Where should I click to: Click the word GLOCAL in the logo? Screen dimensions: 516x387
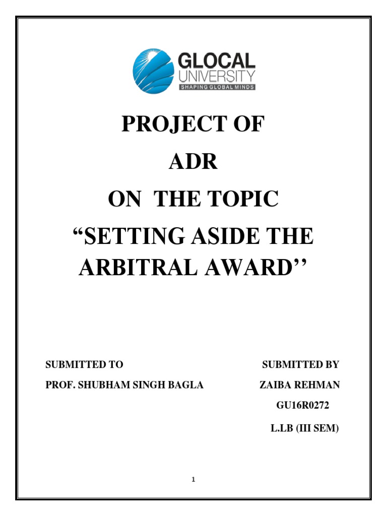[x=217, y=61]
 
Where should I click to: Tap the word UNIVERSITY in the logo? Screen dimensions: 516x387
[x=217, y=77]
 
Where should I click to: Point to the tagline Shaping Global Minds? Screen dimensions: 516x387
[x=217, y=87]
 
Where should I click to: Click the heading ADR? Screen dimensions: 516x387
[x=193, y=162]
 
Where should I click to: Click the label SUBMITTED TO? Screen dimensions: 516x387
[x=85, y=364]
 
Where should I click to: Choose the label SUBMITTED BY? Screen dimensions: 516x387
[x=301, y=364]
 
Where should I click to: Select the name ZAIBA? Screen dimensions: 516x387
[x=275, y=385]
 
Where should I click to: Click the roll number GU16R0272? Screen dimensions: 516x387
[x=301, y=407]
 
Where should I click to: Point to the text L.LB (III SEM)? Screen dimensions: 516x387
[x=304, y=429]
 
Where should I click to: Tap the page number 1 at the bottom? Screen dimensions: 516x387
[x=193, y=480]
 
